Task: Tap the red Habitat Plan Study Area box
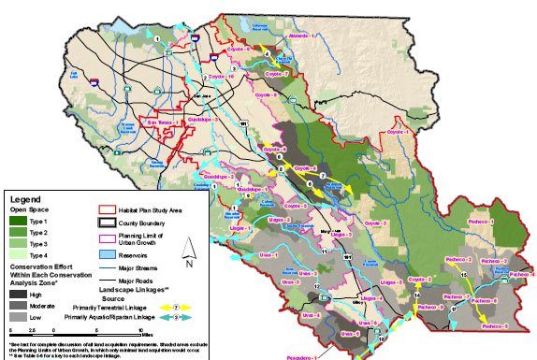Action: [109, 212]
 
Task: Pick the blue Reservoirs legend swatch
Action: [109, 252]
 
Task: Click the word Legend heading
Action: [25, 198]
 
